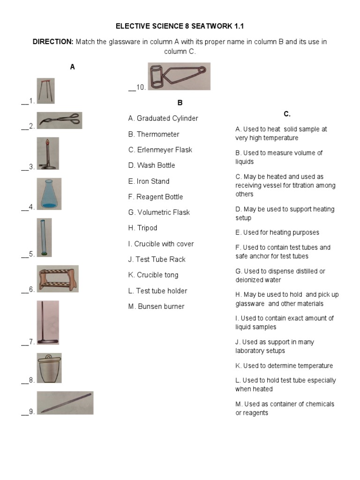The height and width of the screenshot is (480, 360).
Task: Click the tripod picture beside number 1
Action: (x=45, y=90)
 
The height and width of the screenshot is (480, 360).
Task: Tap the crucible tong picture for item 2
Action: (x=60, y=120)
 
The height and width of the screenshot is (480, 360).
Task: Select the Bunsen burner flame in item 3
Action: (x=47, y=142)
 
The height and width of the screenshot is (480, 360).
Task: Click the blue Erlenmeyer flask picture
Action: (x=49, y=194)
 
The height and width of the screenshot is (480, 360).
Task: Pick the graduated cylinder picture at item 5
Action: (x=44, y=238)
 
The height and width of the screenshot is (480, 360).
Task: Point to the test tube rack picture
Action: (x=58, y=279)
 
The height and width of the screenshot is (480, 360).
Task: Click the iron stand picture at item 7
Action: (x=48, y=322)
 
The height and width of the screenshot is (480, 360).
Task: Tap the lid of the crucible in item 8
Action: (x=49, y=358)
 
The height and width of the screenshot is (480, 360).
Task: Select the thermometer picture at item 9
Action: (x=65, y=403)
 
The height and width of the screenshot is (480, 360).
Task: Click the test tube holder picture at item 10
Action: (x=179, y=76)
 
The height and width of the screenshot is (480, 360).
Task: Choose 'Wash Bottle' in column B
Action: (x=151, y=165)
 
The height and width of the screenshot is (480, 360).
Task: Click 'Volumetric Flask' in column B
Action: (x=159, y=212)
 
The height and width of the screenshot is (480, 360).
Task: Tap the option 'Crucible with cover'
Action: (x=161, y=244)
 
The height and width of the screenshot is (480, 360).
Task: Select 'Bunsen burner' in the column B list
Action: (x=157, y=306)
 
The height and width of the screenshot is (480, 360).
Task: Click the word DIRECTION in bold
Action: (x=53, y=42)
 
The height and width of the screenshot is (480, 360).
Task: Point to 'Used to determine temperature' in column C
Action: (x=284, y=366)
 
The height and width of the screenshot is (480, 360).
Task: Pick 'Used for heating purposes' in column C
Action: (x=277, y=232)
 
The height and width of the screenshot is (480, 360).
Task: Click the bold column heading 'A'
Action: (x=73, y=67)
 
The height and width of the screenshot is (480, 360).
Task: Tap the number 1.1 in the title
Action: (x=239, y=26)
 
